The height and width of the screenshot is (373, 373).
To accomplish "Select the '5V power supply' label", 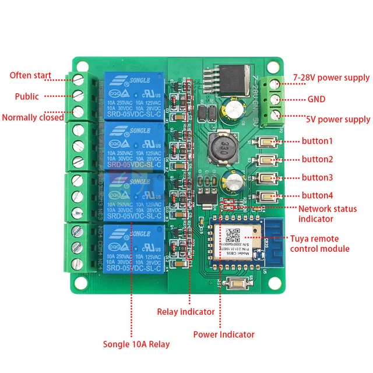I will (338, 119).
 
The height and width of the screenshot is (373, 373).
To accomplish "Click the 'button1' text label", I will (318, 141).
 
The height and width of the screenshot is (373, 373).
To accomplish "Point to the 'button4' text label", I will (318, 195).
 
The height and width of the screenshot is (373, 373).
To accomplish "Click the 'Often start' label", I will (30, 76).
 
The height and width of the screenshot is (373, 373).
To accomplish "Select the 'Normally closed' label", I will (33, 117).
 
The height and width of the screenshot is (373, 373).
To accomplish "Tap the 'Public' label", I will (27, 96).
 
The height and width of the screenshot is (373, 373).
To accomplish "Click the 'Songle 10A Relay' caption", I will (136, 344).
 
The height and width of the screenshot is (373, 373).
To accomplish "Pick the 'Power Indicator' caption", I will (224, 335).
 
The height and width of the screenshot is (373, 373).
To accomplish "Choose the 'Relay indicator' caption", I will (185, 312).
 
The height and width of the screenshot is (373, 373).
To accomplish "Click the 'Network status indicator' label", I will (328, 214).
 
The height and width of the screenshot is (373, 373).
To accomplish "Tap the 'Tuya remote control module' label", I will (324, 243).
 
